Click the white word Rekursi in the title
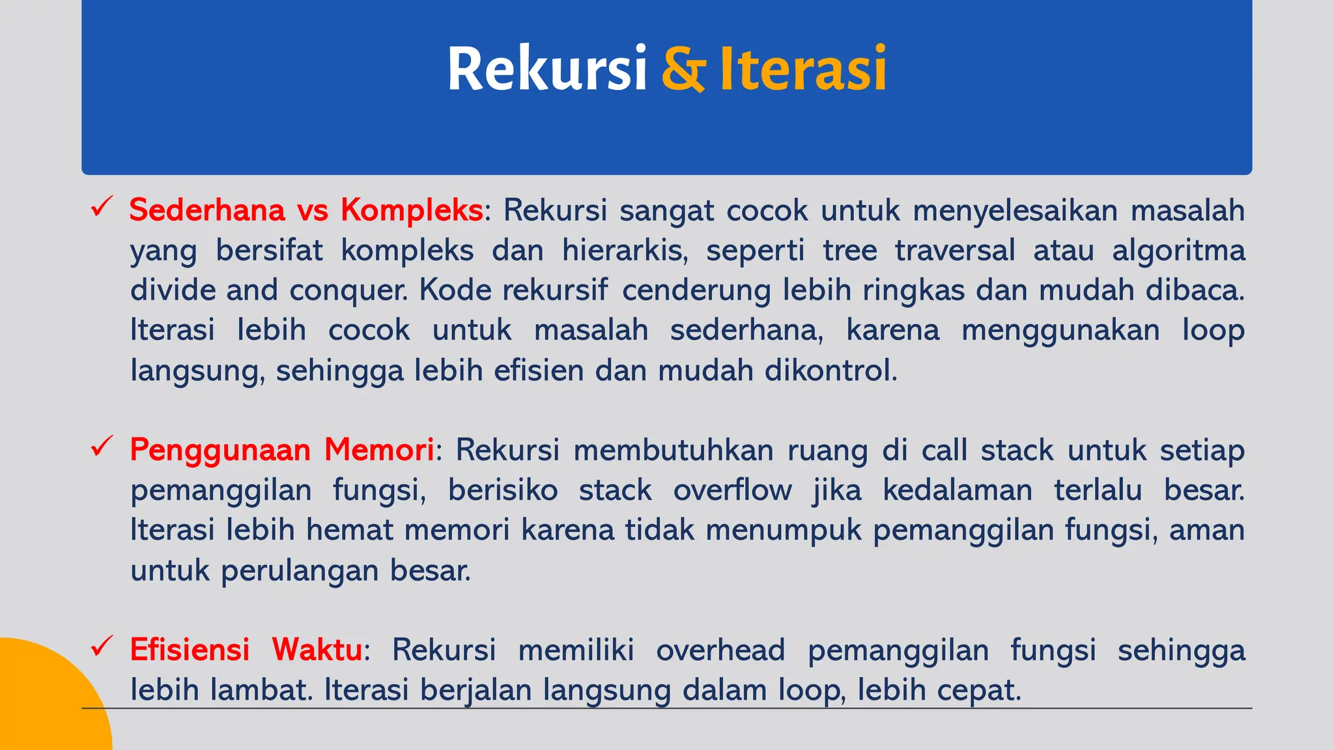click(x=546, y=68)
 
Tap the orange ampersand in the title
click(x=683, y=68)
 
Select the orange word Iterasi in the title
click(x=802, y=68)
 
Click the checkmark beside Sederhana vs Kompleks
click(x=102, y=207)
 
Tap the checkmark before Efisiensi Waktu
click(x=102, y=646)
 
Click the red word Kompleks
click(x=412, y=210)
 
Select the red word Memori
click(x=379, y=450)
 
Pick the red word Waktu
click(x=317, y=650)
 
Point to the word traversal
click(x=955, y=251)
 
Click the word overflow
click(x=733, y=490)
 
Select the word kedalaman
click(x=958, y=490)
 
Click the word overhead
click(x=720, y=650)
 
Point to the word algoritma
click(x=1178, y=251)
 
